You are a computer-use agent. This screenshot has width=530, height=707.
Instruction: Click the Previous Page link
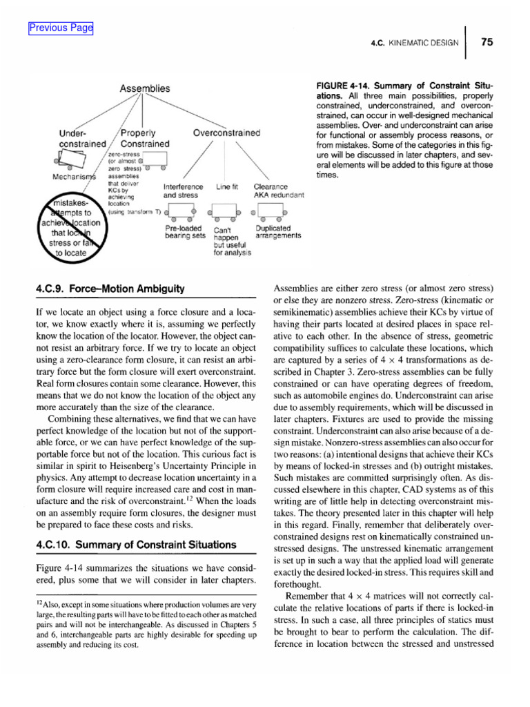61,28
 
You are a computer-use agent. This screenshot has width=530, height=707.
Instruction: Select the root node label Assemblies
145,88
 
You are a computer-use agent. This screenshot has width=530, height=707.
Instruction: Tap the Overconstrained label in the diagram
226,133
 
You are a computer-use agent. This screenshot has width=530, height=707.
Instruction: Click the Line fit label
227,187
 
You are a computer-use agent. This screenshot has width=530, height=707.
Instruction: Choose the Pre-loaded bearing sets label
186,232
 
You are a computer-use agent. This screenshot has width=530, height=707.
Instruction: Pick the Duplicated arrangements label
277,232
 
